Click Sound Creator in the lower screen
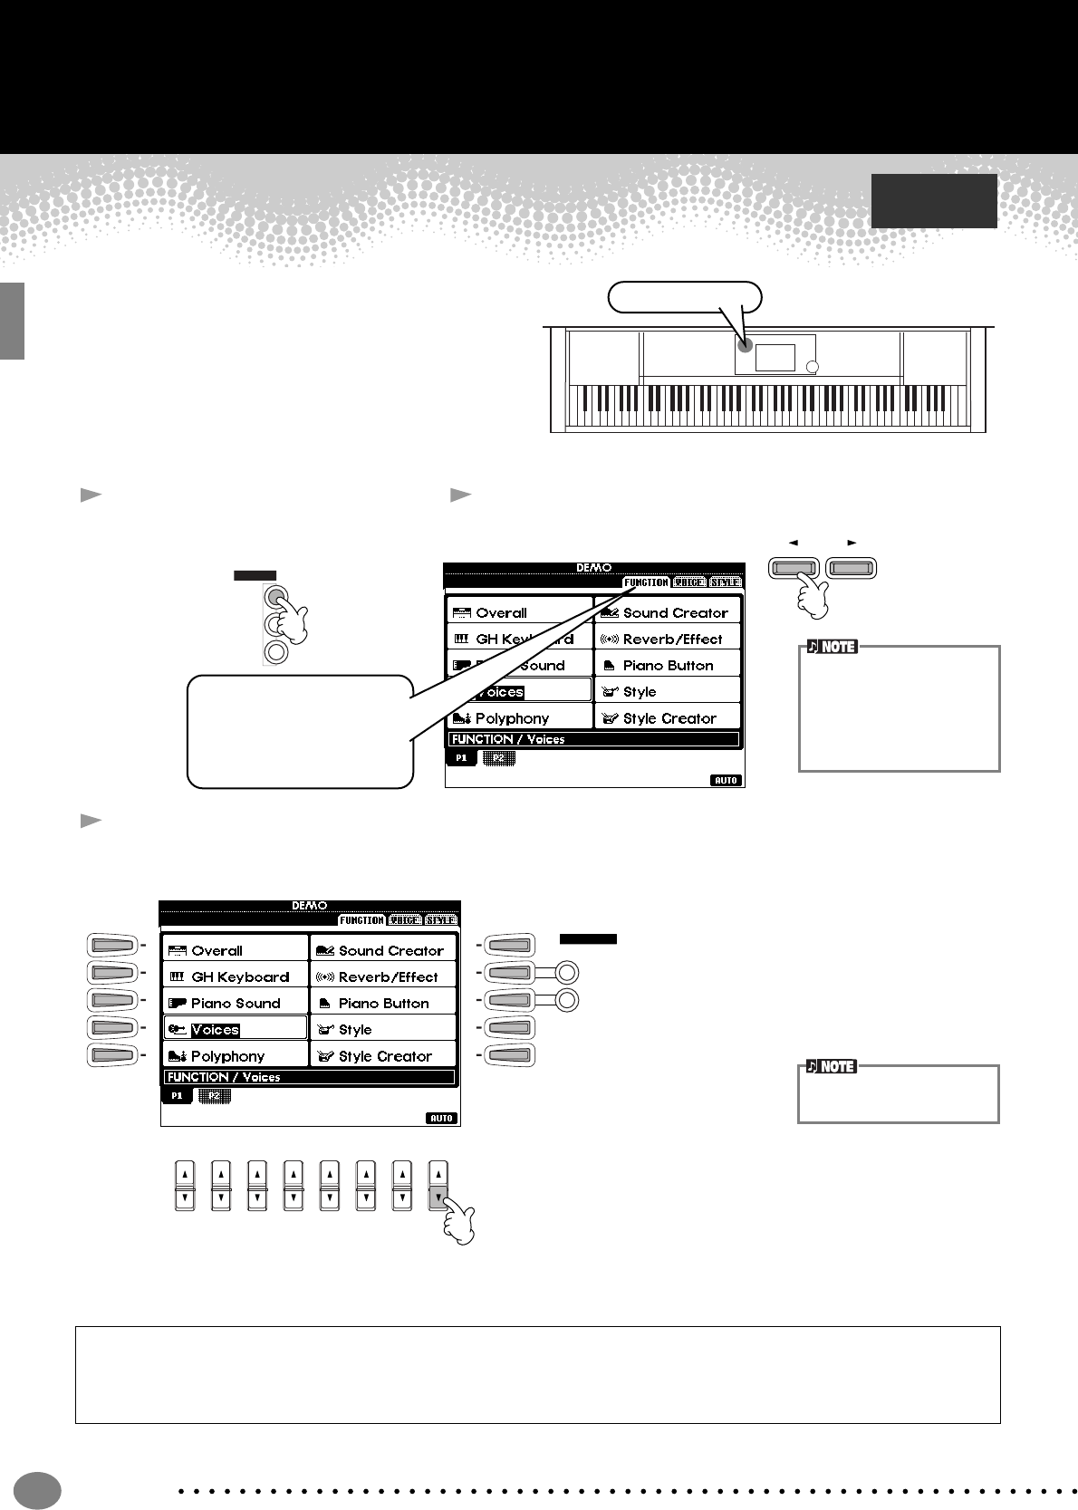click(x=390, y=950)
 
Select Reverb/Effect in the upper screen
click(x=672, y=639)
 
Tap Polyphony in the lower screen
click(x=227, y=1056)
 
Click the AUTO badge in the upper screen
click(x=726, y=780)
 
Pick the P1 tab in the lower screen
click(x=177, y=1095)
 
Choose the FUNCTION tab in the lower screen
click(x=361, y=920)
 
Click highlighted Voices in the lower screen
click(x=216, y=1029)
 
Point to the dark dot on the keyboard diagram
click(x=745, y=345)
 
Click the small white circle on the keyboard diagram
click(x=812, y=367)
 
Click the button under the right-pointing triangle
click(x=852, y=569)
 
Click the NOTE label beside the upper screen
click(x=833, y=647)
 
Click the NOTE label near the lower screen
click(x=832, y=1066)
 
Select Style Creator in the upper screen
click(x=669, y=718)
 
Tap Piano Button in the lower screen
click(x=383, y=1003)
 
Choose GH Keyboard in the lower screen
click(x=240, y=976)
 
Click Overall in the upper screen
click(x=501, y=612)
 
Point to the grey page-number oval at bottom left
click(x=37, y=1490)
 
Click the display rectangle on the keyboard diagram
click(x=775, y=357)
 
